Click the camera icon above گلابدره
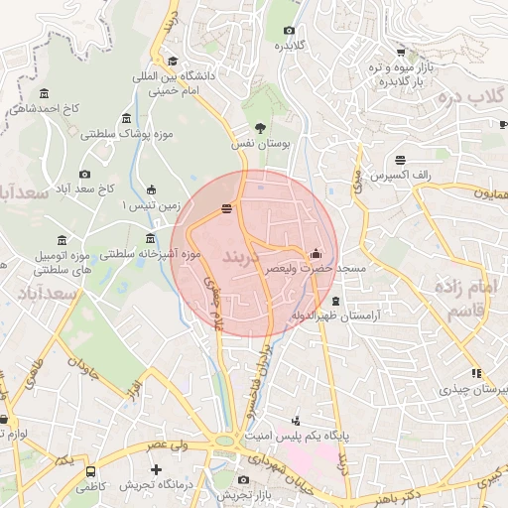[x=289, y=30]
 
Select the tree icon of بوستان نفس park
[x=260, y=127]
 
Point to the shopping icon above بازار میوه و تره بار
[x=400, y=54]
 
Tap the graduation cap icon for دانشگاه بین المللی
[x=173, y=61]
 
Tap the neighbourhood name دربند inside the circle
[x=240, y=256]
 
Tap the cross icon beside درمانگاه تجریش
[x=156, y=469]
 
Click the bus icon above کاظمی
[x=91, y=472]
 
